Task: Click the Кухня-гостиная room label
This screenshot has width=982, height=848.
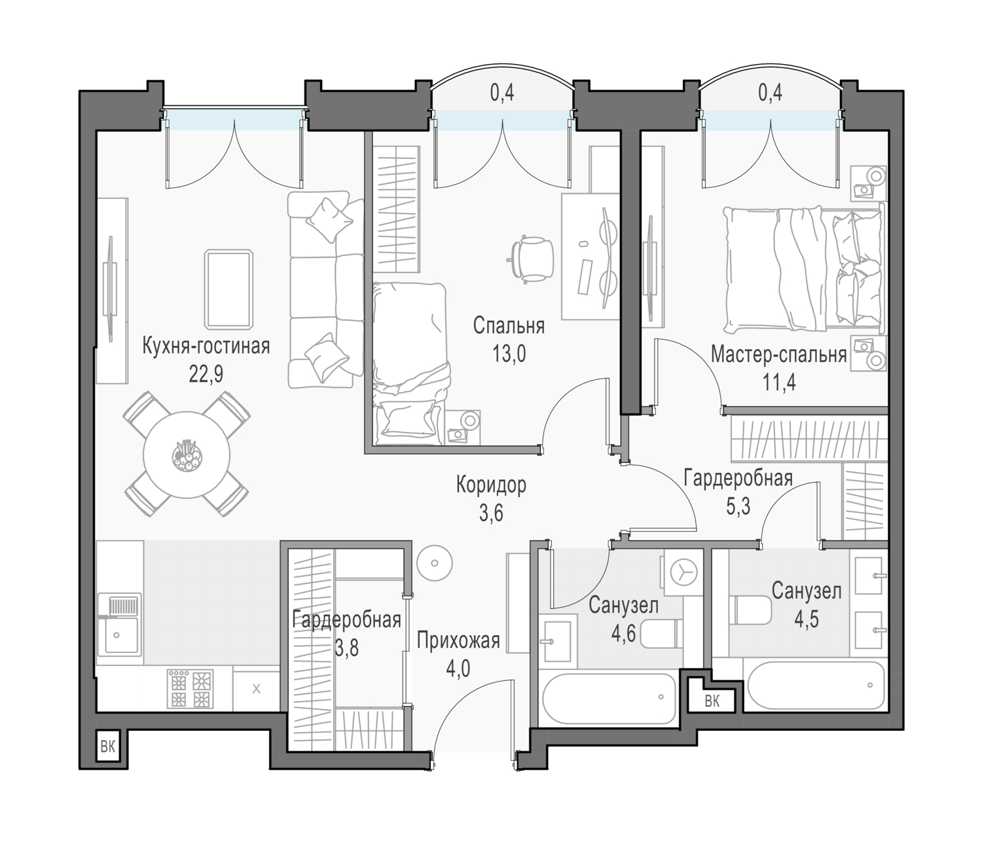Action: (x=206, y=346)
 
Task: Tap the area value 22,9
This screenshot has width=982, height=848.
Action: (x=206, y=374)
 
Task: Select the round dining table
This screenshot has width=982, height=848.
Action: (x=187, y=455)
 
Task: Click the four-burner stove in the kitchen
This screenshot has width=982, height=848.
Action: (x=190, y=689)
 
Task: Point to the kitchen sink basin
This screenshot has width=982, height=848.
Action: (x=121, y=635)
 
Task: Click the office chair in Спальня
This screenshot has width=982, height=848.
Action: (x=532, y=259)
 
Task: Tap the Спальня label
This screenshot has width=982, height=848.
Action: (x=509, y=326)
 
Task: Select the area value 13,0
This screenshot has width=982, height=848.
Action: (x=509, y=354)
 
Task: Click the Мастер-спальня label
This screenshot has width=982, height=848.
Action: (x=778, y=355)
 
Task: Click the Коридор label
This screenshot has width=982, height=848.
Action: (x=491, y=485)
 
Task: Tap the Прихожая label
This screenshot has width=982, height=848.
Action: (x=458, y=641)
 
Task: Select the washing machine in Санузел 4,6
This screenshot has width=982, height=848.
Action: (x=683, y=573)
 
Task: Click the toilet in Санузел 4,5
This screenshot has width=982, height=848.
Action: (x=752, y=610)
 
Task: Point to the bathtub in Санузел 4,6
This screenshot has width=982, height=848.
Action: (x=609, y=698)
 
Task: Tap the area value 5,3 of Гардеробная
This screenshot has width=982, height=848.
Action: (x=738, y=506)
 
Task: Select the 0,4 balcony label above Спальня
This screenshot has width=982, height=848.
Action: (x=501, y=93)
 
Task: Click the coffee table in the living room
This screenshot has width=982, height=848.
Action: (x=228, y=289)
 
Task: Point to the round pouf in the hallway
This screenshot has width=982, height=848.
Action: (x=434, y=562)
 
